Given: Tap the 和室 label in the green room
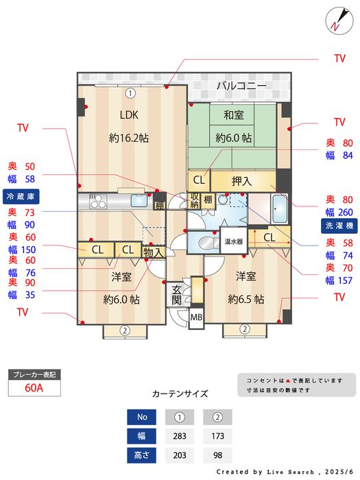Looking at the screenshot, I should [233, 115].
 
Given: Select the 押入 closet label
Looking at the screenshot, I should [241, 182].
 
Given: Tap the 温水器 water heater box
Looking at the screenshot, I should [233, 241].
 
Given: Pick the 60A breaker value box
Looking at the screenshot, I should [34, 387].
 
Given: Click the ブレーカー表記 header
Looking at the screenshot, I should [34, 374].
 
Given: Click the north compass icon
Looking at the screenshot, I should [337, 19].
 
